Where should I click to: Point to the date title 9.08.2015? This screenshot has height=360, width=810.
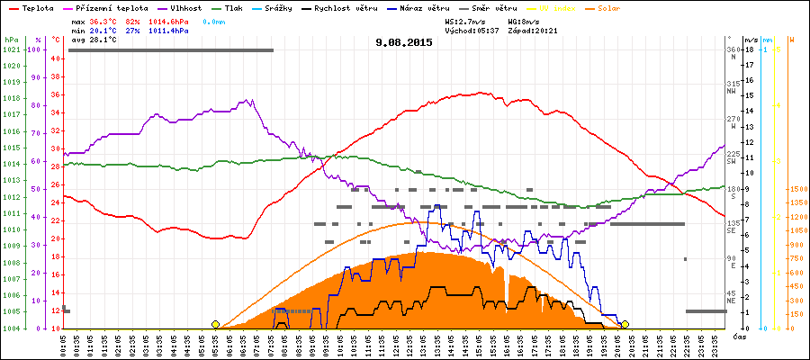[x=404, y=42]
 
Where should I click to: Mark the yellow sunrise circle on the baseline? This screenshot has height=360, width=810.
[x=215, y=324]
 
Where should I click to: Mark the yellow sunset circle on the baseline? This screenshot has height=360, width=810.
[x=625, y=324]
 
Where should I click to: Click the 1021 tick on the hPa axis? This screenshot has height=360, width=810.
[x=11, y=49]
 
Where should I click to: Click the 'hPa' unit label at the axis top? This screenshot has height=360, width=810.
[x=11, y=40]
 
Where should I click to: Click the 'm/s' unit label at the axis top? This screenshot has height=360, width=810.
[x=751, y=40]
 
